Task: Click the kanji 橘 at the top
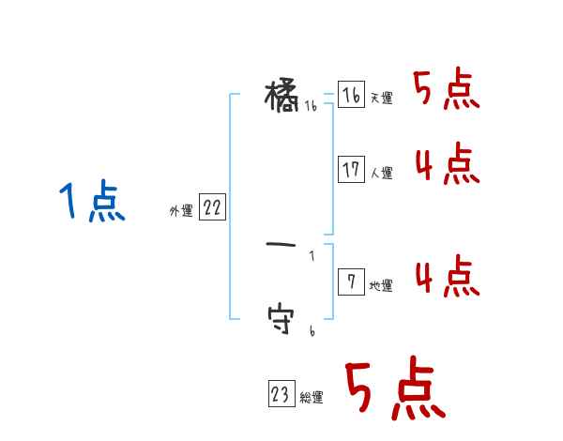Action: click(282, 95)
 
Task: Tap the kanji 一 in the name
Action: click(281, 246)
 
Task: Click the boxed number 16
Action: click(351, 95)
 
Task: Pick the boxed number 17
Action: click(351, 170)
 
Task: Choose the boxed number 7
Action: click(351, 281)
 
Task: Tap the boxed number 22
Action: click(212, 208)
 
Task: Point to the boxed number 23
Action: click(281, 395)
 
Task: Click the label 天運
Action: click(382, 99)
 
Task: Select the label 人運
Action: click(382, 174)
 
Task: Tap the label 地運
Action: click(382, 286)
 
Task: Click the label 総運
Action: click(312, 399)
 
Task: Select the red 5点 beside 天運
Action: click(447, 91)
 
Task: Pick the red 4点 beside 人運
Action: click(447, 166)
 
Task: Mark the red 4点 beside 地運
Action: click(447, 277)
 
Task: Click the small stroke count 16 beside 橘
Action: click(311, 107)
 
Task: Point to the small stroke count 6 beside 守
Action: click(312, 331)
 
